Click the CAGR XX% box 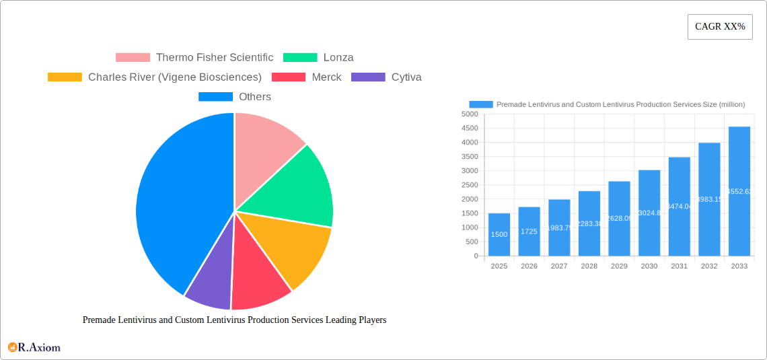(720, 27)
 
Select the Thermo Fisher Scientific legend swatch (133, 58)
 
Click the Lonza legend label (338, 58)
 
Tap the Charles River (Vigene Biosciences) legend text (175, 77)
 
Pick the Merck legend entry (326, 77)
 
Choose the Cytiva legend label (406, 77)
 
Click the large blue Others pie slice (178, 202)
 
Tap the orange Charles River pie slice (296, 249)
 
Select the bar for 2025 (499, 235)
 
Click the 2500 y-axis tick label (470, 185)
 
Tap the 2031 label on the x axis (679, 266)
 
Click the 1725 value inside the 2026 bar (529, 231)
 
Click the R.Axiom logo (34, 348)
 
